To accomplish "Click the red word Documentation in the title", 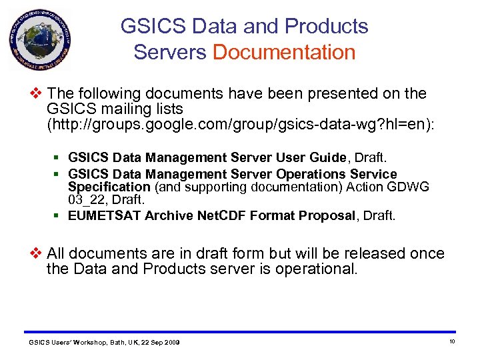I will pos(284,52).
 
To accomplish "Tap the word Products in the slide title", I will pos(326,27).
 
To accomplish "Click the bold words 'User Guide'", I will pos(314,157).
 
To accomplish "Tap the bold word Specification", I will pos(109,187).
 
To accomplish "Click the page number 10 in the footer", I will pos(451,341).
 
